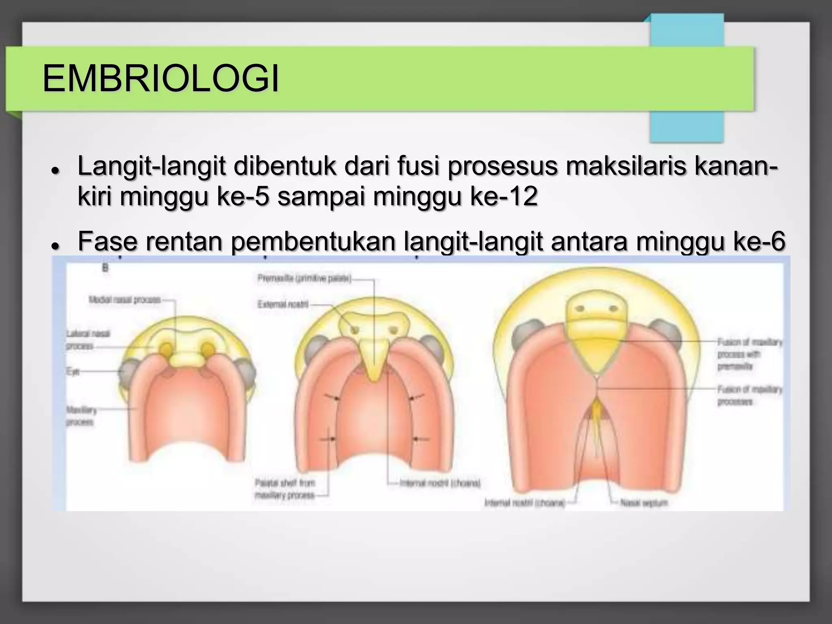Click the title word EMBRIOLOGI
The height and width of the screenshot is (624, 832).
coord(160,79)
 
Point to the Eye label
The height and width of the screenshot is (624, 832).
coord(73,371)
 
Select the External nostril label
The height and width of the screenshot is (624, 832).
coord(283,304)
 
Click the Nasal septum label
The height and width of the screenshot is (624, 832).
coord(643,503)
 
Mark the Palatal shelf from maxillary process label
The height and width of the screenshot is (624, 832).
coord(285,489)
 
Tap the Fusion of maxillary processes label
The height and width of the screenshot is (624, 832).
coord(749,396)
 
